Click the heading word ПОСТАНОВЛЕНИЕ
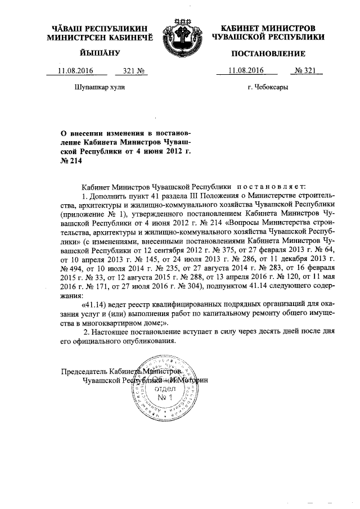point(267,54)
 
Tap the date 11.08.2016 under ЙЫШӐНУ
point(75,71)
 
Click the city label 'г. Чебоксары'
point(268,88)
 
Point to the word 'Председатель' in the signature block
point(84,372)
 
